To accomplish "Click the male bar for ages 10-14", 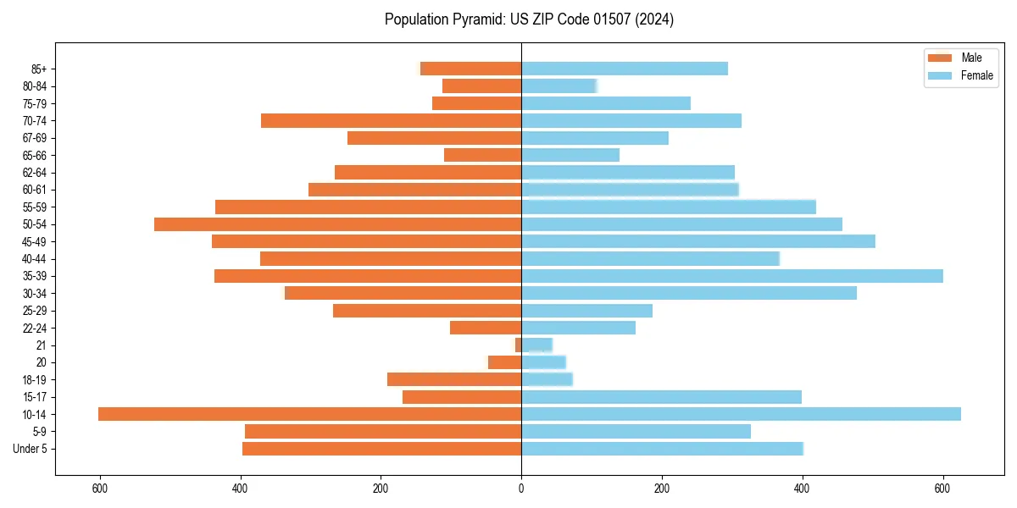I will click(x=309, y=414).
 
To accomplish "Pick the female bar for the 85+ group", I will click(x=625, y=69).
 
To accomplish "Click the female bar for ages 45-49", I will click(x=698, y=241).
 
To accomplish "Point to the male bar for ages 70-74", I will click(x=391, y=120).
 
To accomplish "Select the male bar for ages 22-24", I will click(x=486, y=328).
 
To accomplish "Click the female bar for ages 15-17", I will click(x=661, y=397).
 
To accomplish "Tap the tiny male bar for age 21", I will click(x=518, y=345).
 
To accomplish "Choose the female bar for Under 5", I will click(x=662, y=449).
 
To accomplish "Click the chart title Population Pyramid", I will click(x=529, y=19).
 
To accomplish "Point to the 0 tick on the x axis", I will click(x=521, y=489).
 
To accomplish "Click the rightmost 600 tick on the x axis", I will click(x=942, y=489).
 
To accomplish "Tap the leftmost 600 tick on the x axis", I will click(x=100, y=489).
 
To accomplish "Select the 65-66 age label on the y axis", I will click(x=34, y=155).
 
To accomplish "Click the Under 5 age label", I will click(x=30, y=449).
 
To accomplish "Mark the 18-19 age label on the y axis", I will click(x=34, y=379).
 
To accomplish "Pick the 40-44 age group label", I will click(x=34, y=259).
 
